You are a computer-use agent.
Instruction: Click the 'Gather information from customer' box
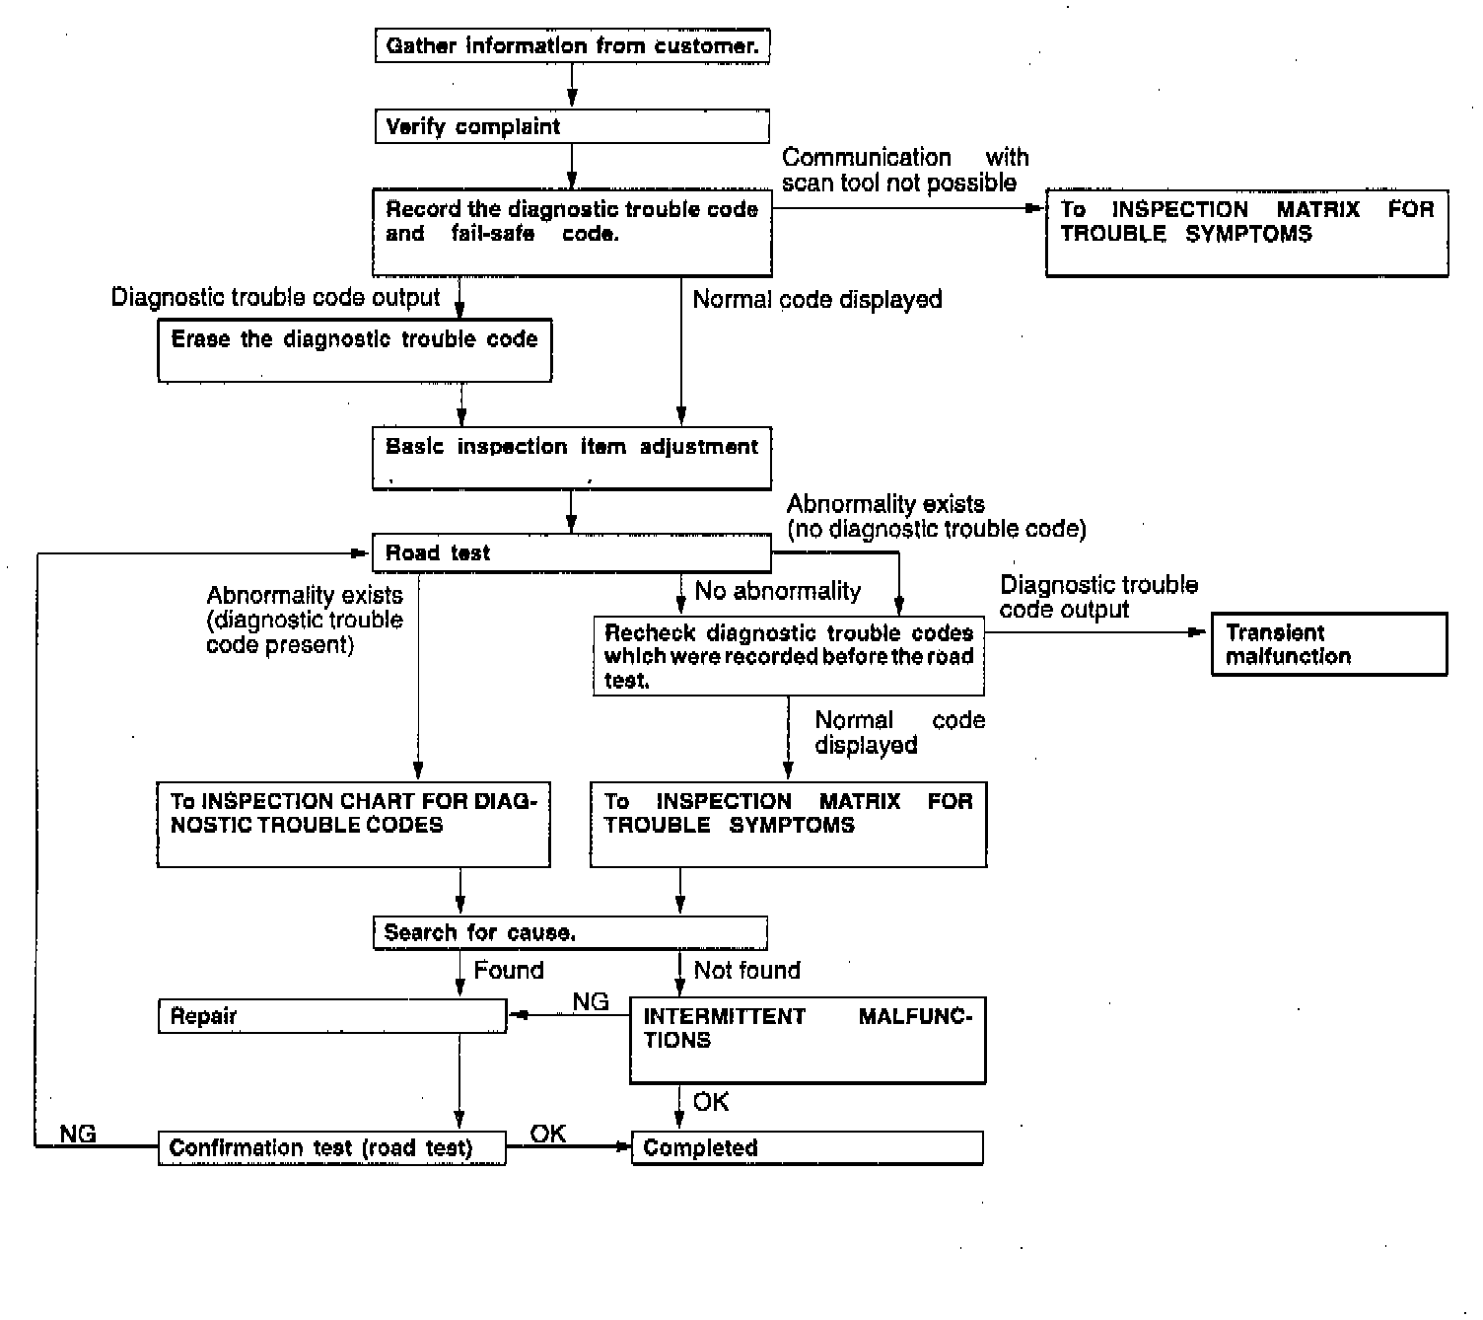click(x=572, y=46)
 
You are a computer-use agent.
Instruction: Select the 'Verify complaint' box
click(x=572, y=127)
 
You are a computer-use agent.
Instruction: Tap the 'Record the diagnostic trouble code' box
click(x=572, y=233)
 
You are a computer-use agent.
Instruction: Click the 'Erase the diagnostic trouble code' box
click(x=355, y=349)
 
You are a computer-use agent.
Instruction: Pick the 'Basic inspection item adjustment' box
click(x=572, y=458)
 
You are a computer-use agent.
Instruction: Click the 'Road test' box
click(x=572, y=553)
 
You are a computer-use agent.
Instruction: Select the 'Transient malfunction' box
click(x=1329, y=645)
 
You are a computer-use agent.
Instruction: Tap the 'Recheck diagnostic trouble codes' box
click(x=789, y=656)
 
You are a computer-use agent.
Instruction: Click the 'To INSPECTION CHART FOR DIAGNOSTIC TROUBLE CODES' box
click(x=354, y=825)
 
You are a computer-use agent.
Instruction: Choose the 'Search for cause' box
click(x=570, y=933)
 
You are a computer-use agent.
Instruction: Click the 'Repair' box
click(x=332, y=1016)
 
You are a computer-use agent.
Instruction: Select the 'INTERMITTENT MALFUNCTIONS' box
click(x=808, y=1040)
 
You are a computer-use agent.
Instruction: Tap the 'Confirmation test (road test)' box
click(x=332, y=1148)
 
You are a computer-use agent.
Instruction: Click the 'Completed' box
click(x=808, y=1148)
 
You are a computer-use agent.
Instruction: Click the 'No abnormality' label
click(x=777, y=591)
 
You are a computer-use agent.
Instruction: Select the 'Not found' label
click(x=746, y=971)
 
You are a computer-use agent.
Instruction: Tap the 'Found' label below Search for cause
click(x=509, y=971)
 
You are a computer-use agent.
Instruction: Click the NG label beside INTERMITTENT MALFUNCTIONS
click(x=591, y=1002)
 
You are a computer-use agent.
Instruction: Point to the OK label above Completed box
click(x=711, y=1102)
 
